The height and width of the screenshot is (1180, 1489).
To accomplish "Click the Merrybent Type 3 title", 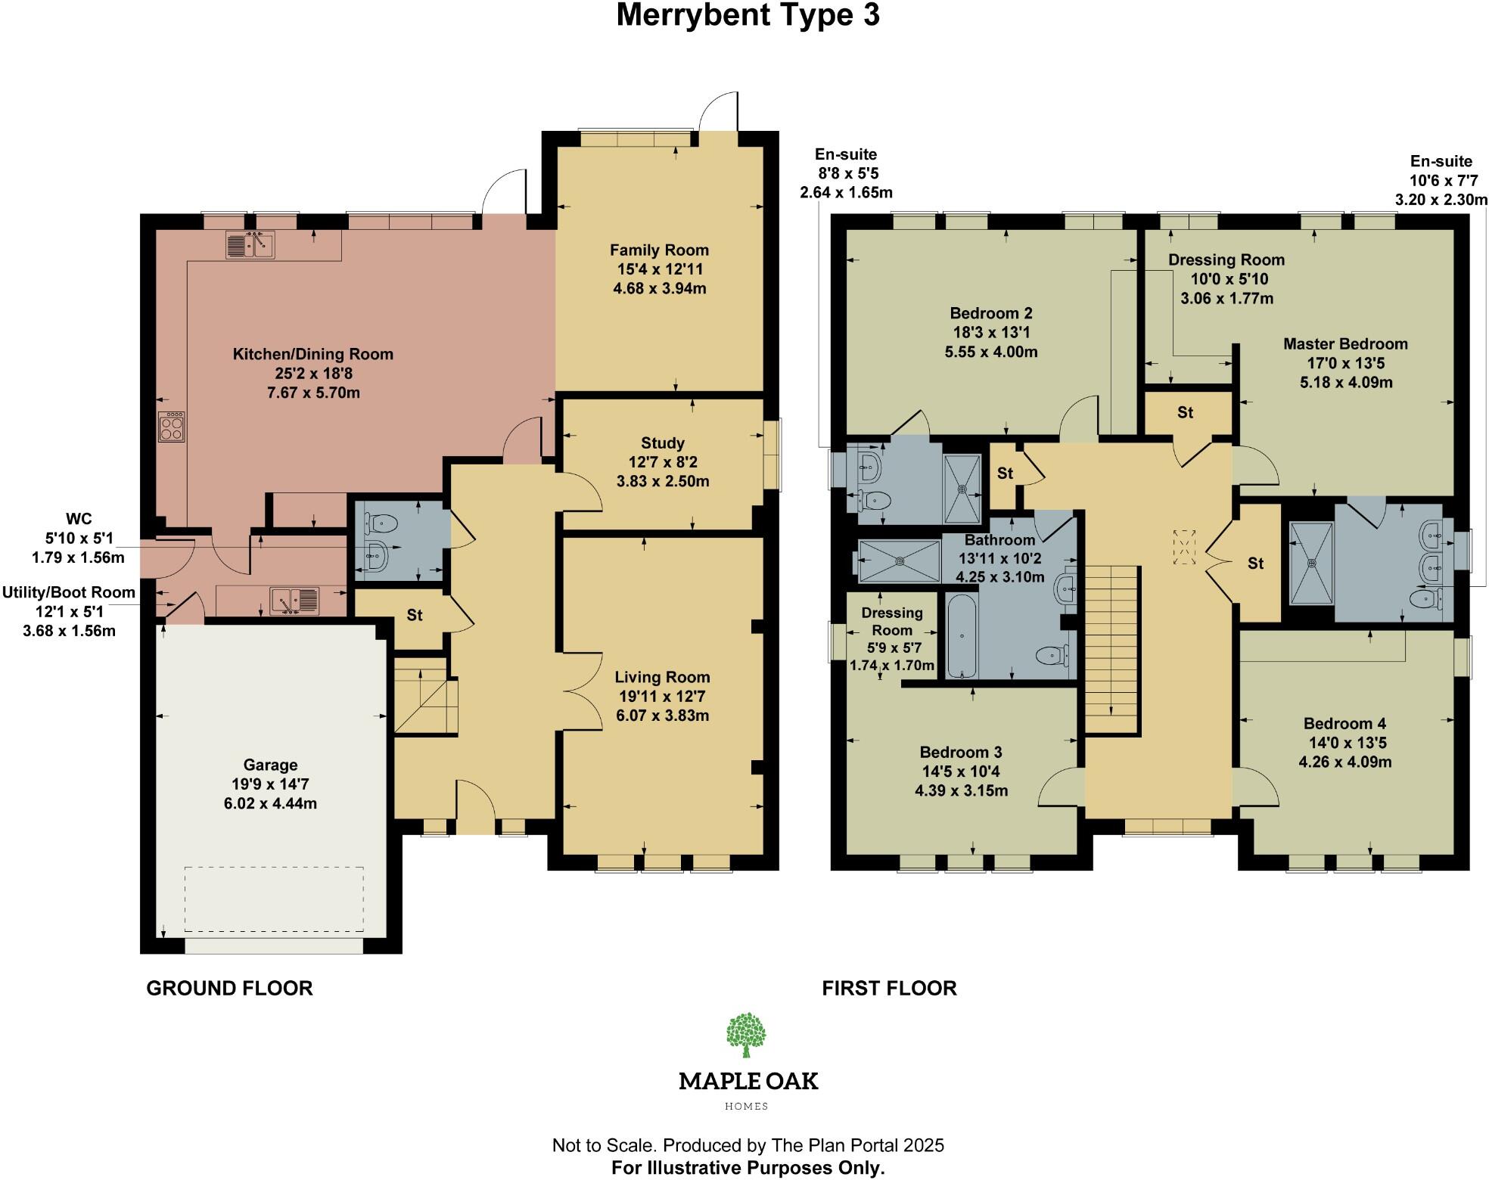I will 748,16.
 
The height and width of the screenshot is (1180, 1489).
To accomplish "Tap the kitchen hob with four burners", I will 171,427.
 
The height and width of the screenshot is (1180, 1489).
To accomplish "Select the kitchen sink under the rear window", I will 250,245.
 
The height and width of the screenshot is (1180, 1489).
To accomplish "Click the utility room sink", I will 295,601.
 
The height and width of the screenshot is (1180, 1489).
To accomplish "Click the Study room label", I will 662,443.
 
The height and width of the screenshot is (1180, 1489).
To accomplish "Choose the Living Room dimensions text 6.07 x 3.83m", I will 662,716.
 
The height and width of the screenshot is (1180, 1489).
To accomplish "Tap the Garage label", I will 270,765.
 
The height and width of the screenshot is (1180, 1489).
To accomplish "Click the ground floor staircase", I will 424,696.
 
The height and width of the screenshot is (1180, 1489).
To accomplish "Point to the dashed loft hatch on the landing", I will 1184,546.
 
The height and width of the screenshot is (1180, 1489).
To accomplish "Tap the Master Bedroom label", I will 1345,344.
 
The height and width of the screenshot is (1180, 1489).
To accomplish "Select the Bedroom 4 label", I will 1344,724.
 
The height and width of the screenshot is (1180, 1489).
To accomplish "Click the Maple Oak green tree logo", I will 746,1035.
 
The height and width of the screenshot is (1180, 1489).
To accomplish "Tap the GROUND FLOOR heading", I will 229,988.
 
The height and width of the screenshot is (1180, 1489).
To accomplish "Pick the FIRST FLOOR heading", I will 889,988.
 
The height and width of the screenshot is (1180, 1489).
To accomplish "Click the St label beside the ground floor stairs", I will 415,616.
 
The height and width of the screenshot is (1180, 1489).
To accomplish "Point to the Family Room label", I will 659,250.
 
